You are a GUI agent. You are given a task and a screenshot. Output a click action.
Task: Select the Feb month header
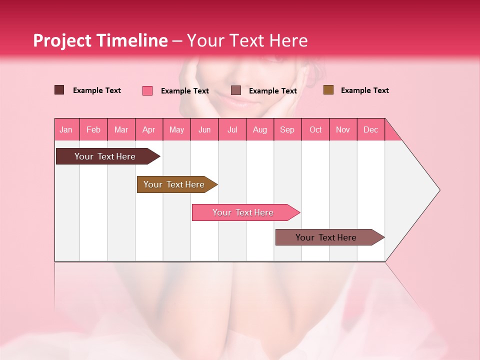(x=93, y=129)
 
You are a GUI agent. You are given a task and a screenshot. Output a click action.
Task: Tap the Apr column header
(x=149, y=129)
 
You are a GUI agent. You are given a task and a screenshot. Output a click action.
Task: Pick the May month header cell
(x=176, y=129)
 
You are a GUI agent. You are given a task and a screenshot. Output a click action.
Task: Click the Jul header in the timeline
(x=232, y=129)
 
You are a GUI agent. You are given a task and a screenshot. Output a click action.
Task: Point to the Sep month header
(x=287, y=129)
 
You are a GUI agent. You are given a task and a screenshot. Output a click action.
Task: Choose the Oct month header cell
(x=315, y=129)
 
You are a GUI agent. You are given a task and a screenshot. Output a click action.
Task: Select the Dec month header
(x=371, y=129)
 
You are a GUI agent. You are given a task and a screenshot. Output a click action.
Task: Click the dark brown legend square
(x=59, y=90)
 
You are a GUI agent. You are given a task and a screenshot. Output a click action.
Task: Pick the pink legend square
(x=147, y=90)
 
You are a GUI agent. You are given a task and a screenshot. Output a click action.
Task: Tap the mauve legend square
(x=236, y=90)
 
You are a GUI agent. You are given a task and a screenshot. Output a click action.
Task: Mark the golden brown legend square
(x=328, y=90)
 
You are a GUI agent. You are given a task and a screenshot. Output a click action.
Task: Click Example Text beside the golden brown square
(x=364, y=90)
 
